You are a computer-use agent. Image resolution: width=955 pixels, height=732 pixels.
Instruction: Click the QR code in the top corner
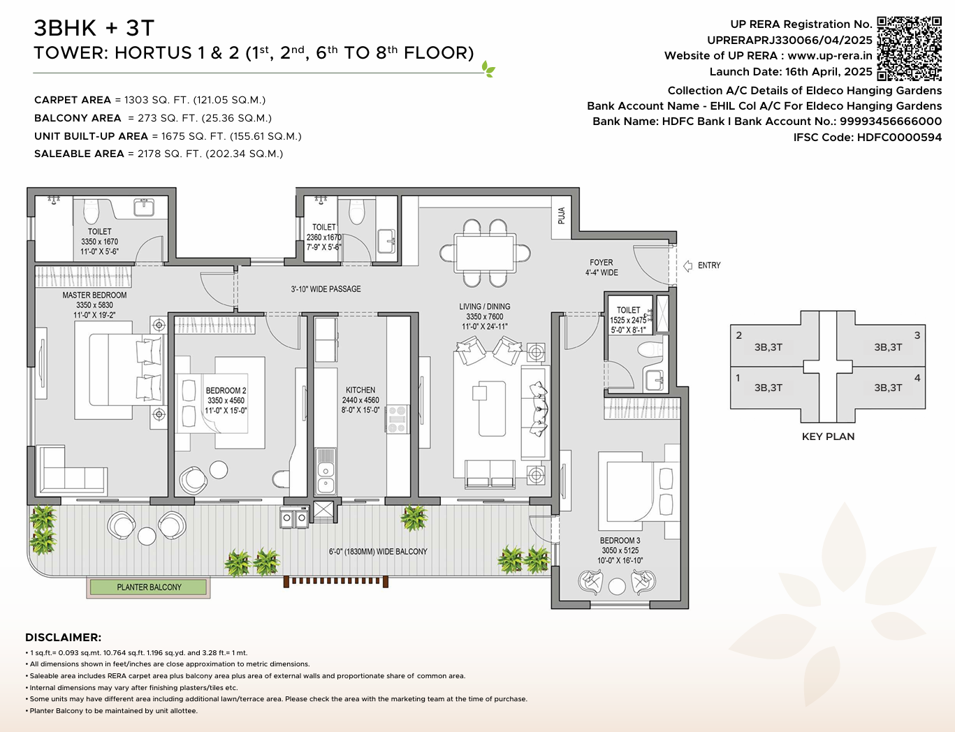point(909,49)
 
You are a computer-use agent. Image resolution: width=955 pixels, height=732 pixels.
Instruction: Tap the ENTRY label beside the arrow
point(708,265)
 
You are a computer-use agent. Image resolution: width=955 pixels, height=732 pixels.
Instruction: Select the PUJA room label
point(561,215)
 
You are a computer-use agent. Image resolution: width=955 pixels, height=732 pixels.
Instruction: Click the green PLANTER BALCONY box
point(148,587)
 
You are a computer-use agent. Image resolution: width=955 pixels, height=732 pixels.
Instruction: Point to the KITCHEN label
point(360,390)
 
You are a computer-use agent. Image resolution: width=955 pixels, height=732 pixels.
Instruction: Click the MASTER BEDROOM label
point(94,295)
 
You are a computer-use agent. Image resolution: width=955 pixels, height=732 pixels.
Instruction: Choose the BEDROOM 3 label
point(620,541)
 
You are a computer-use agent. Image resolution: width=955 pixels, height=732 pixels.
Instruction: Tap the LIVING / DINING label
point(484,307)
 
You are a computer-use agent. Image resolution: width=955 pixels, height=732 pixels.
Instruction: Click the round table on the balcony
point(147,536)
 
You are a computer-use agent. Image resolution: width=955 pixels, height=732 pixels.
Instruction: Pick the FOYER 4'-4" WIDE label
point(601,268)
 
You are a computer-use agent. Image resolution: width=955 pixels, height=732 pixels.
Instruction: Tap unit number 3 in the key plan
point(917,335)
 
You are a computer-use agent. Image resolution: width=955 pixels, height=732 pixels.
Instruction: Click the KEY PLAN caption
point(828,437)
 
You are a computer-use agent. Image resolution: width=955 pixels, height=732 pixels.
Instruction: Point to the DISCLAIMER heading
point(63,637)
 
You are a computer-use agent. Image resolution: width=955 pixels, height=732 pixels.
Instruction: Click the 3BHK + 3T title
point(94,28)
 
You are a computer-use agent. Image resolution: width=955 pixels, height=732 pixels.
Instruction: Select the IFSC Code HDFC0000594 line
point(867,137)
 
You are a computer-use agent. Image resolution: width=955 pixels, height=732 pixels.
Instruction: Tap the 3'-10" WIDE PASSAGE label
point(326,289)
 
